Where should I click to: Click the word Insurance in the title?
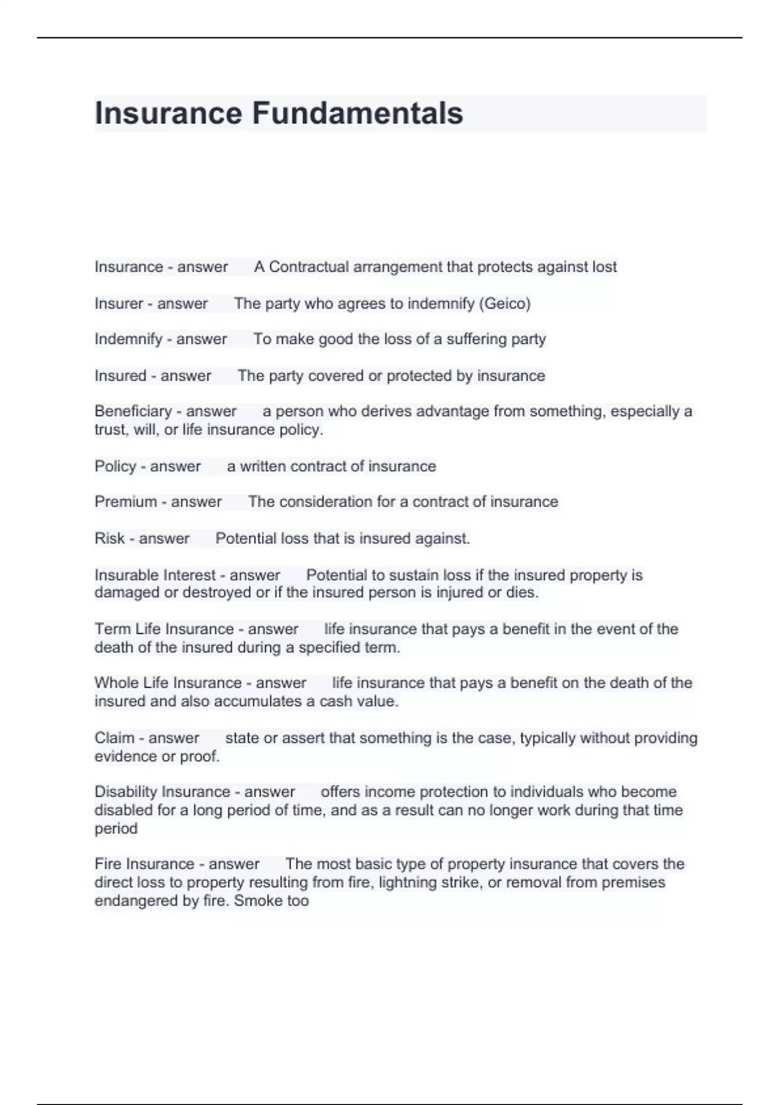coord(168,113)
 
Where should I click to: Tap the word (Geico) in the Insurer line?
coord(504,304)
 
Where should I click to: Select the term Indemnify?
coord(128,339)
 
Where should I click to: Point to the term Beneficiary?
coord(133,411)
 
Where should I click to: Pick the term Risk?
coord(109,538)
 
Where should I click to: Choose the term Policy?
coord(115,466)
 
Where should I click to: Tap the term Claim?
coord(114,738)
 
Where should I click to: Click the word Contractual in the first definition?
coord(308,267)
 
